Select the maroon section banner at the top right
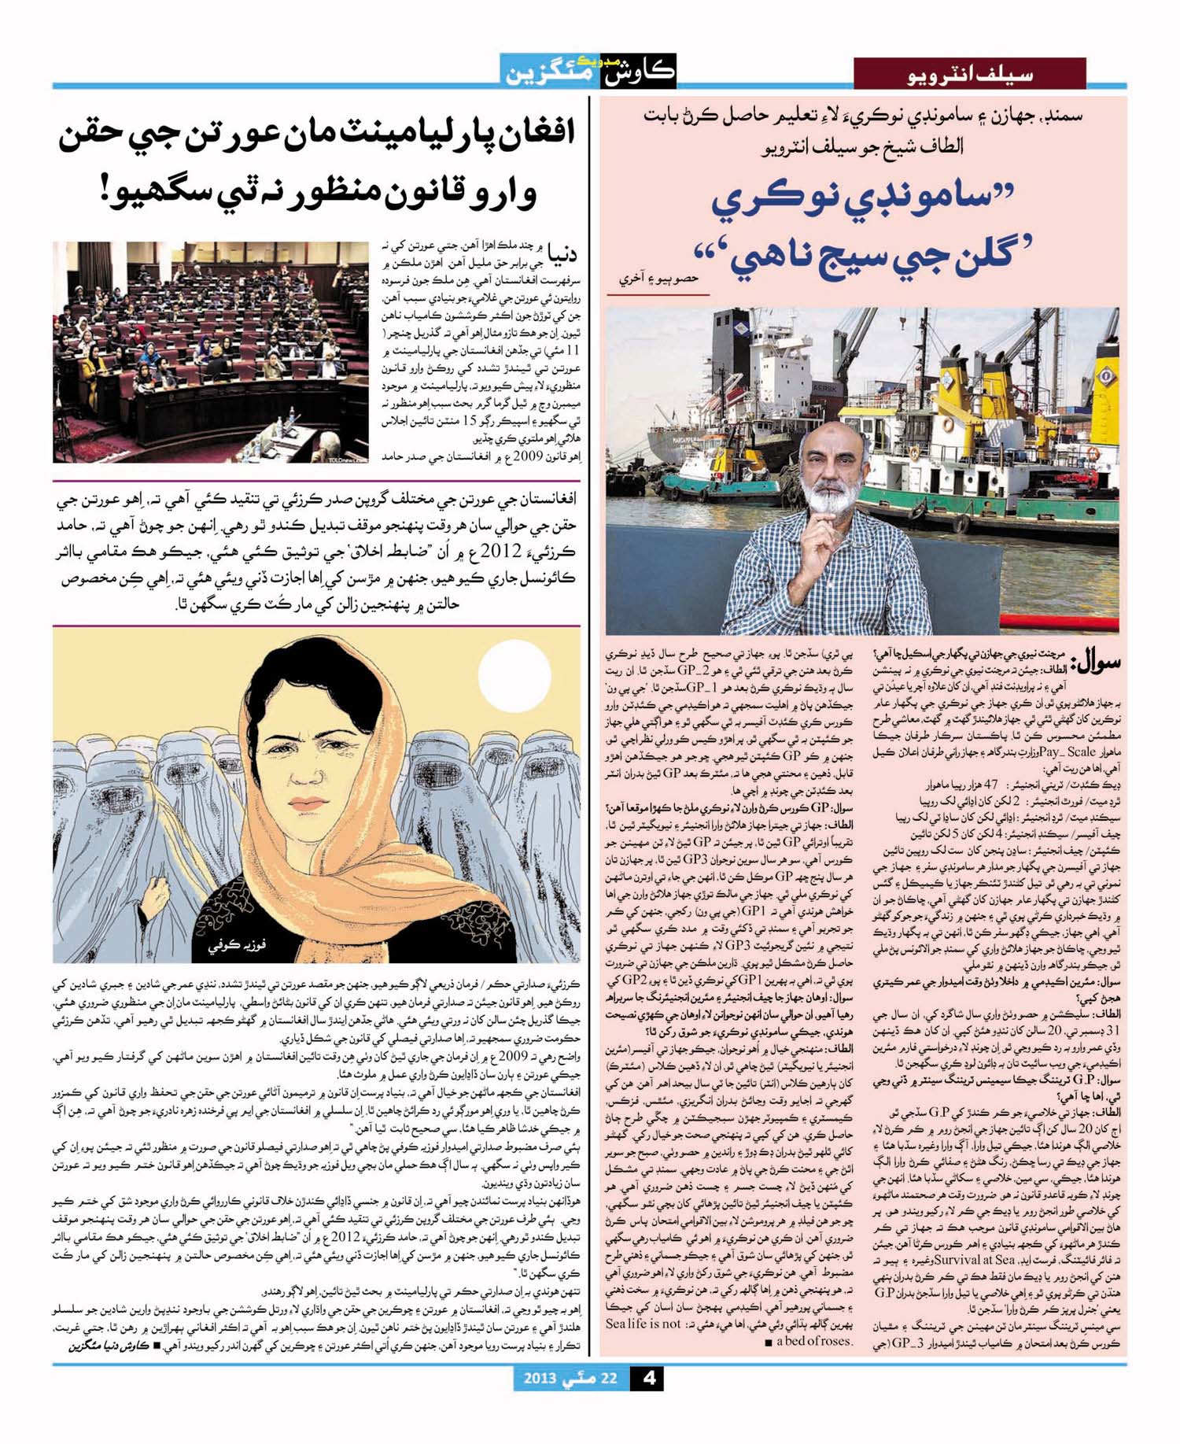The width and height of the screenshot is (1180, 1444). click(x=969, y=76)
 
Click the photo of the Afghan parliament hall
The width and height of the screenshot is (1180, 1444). click(x=210, y=351)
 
